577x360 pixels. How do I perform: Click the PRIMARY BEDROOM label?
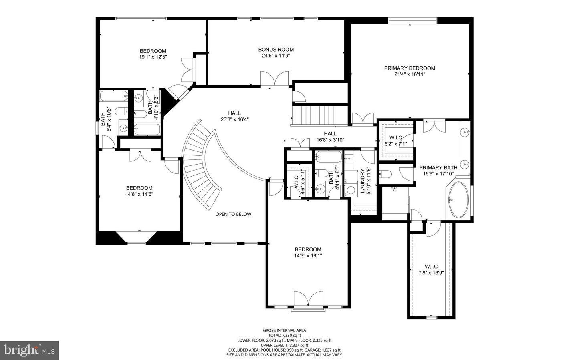coord(410,68)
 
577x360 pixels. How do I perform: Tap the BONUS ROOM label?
coord(276,50)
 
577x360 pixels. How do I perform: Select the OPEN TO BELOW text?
coord(233,214)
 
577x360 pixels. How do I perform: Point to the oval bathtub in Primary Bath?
coord(458,200)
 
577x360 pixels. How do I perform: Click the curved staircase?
coord(202,168)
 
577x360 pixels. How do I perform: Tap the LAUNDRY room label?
coord(363,181)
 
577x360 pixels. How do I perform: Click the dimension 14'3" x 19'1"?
coord(308,255)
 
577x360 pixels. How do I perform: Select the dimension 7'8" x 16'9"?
coord(431,273)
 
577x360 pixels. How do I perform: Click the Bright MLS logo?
coord(29,350)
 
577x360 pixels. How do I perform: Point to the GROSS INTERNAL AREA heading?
coord(284,330)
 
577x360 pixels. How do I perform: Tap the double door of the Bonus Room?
coord(274,78)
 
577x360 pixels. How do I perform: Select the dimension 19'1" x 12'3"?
coord(153,57)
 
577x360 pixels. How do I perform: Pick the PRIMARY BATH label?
coord(438,168)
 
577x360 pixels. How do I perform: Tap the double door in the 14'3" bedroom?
coord(308,299)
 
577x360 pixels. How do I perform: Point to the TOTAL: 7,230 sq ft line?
coord(284,336)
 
